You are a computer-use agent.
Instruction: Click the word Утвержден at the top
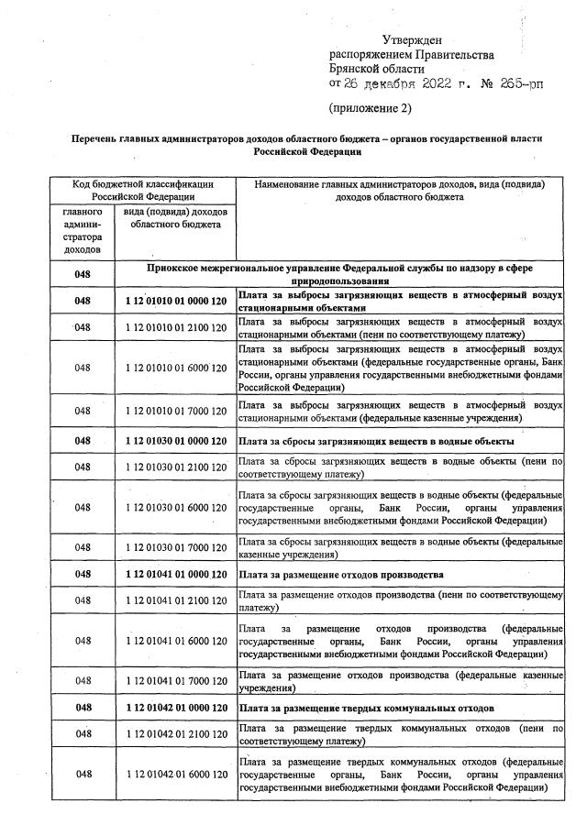tap(412, 39)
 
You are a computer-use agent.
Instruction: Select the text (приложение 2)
tap(370, 108)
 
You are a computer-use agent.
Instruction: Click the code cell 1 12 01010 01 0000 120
tap(175, 301)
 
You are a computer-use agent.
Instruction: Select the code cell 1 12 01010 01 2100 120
tap(175, 327)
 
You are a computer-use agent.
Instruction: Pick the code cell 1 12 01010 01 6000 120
tap(175, 367)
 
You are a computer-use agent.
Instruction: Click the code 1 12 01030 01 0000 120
tap(175, 441)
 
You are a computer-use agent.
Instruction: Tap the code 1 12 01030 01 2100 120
tap(175, 467)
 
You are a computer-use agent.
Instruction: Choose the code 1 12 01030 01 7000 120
tap(175, 547)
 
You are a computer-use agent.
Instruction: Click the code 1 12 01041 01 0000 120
tap(175, 574)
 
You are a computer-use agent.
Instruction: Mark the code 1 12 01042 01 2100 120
tap(175, 734)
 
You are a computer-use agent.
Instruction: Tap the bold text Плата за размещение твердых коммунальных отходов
tap(366, 708)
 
